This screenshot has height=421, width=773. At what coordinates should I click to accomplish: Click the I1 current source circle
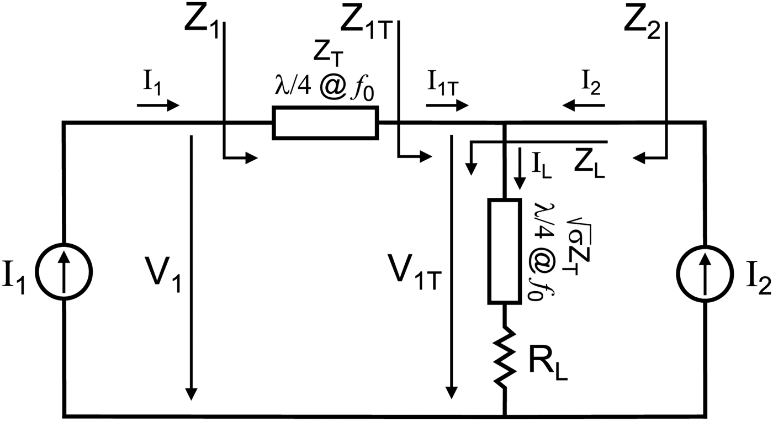point(65,271)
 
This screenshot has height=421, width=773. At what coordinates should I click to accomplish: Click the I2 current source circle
point(706,271)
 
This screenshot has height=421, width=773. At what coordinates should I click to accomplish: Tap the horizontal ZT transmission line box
point(325,123)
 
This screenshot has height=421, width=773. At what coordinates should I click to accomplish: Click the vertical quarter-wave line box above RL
point(504,251)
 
